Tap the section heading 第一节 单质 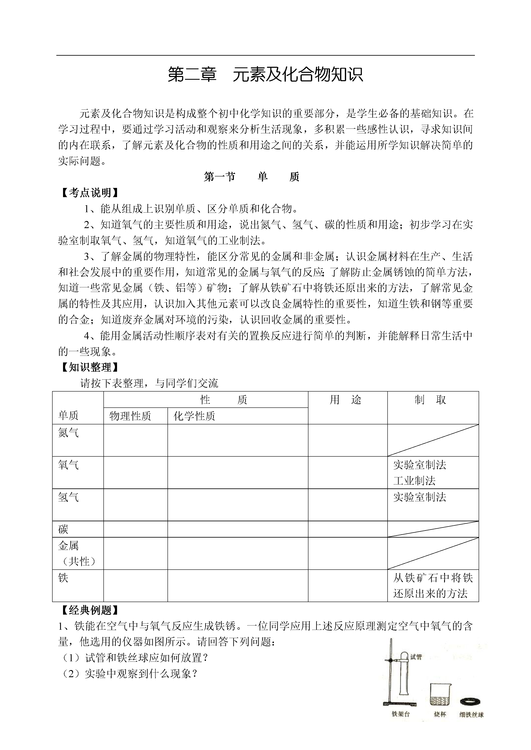click(251, 177)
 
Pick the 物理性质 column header click(130, 416)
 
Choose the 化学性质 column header click(194, 416)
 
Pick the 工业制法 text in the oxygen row click(414, 481)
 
